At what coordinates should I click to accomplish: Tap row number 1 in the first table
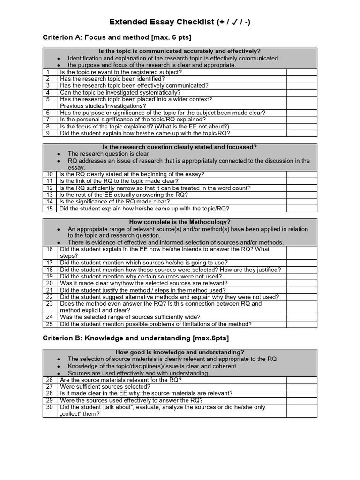(x=48, y=72)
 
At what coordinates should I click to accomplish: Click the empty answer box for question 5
(x=301, y=103)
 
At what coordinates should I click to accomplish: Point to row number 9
(x=48, y=133)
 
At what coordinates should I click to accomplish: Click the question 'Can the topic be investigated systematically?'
(x=120, y=93)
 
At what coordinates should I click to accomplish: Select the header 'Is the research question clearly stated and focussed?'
(x=180, y=147)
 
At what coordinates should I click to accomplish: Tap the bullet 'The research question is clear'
(x=108, y=154)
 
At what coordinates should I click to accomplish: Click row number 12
(x=49, y=188)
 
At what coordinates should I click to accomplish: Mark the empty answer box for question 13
(x=301, y=195)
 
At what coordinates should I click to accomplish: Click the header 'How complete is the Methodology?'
(x=180, y=222)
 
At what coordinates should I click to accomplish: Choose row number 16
(x=49, y=249)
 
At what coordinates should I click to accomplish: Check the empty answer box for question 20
(x=301, y=283)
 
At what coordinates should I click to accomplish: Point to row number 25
(x=49, y=324)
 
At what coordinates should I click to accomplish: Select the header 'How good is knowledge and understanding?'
(x=180, y=352)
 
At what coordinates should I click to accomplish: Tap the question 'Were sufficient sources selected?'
(x=105, y=387)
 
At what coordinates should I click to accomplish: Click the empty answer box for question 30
(x=301, y=411)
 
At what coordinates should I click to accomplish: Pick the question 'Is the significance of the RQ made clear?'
(x=115, y=202)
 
